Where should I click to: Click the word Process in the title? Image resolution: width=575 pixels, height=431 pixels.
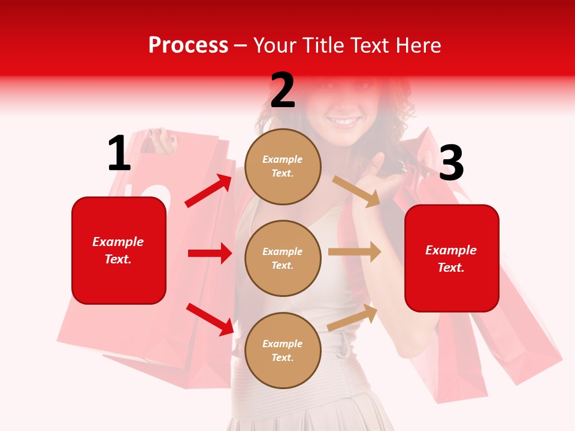click(x=188, y=45)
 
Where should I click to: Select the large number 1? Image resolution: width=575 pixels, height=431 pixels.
click(x=119, y=154)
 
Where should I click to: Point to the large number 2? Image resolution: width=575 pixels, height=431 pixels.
click(x=283, y=90)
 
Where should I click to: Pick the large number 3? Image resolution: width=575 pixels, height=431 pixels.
click(x=451, y=163)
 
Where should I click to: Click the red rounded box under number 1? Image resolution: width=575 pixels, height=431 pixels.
click(x=119, y=250)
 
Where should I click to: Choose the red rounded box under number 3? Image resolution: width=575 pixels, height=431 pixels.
click(x=452, y=258)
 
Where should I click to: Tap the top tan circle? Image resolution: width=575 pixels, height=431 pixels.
click(x=283, y=166)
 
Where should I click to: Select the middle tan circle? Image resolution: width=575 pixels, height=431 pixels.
click(x=283, y=258)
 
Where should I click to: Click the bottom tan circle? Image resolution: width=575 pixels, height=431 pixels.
click(x=283, y=350)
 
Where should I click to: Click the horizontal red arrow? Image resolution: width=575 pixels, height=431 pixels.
click(x=210, y=253)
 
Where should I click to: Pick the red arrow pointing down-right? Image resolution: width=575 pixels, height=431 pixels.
click(x=210, y=319)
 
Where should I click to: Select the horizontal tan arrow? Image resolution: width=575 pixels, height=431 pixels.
click(x=355, y=252)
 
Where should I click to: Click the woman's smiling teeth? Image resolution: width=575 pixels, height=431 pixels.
click(x=344, y=121)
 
